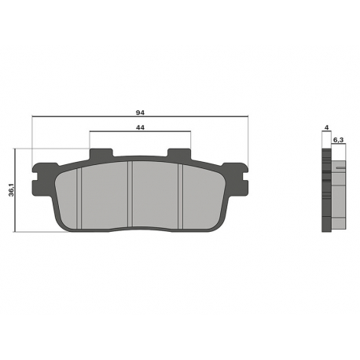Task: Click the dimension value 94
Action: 140,112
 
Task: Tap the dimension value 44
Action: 140,127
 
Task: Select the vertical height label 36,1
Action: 11,190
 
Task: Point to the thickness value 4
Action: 326,127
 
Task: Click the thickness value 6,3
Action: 338,140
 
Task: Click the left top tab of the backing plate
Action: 101,153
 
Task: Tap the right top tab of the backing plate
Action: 179,153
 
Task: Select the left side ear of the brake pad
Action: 43,178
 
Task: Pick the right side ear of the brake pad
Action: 236,178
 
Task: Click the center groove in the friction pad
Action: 130,193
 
